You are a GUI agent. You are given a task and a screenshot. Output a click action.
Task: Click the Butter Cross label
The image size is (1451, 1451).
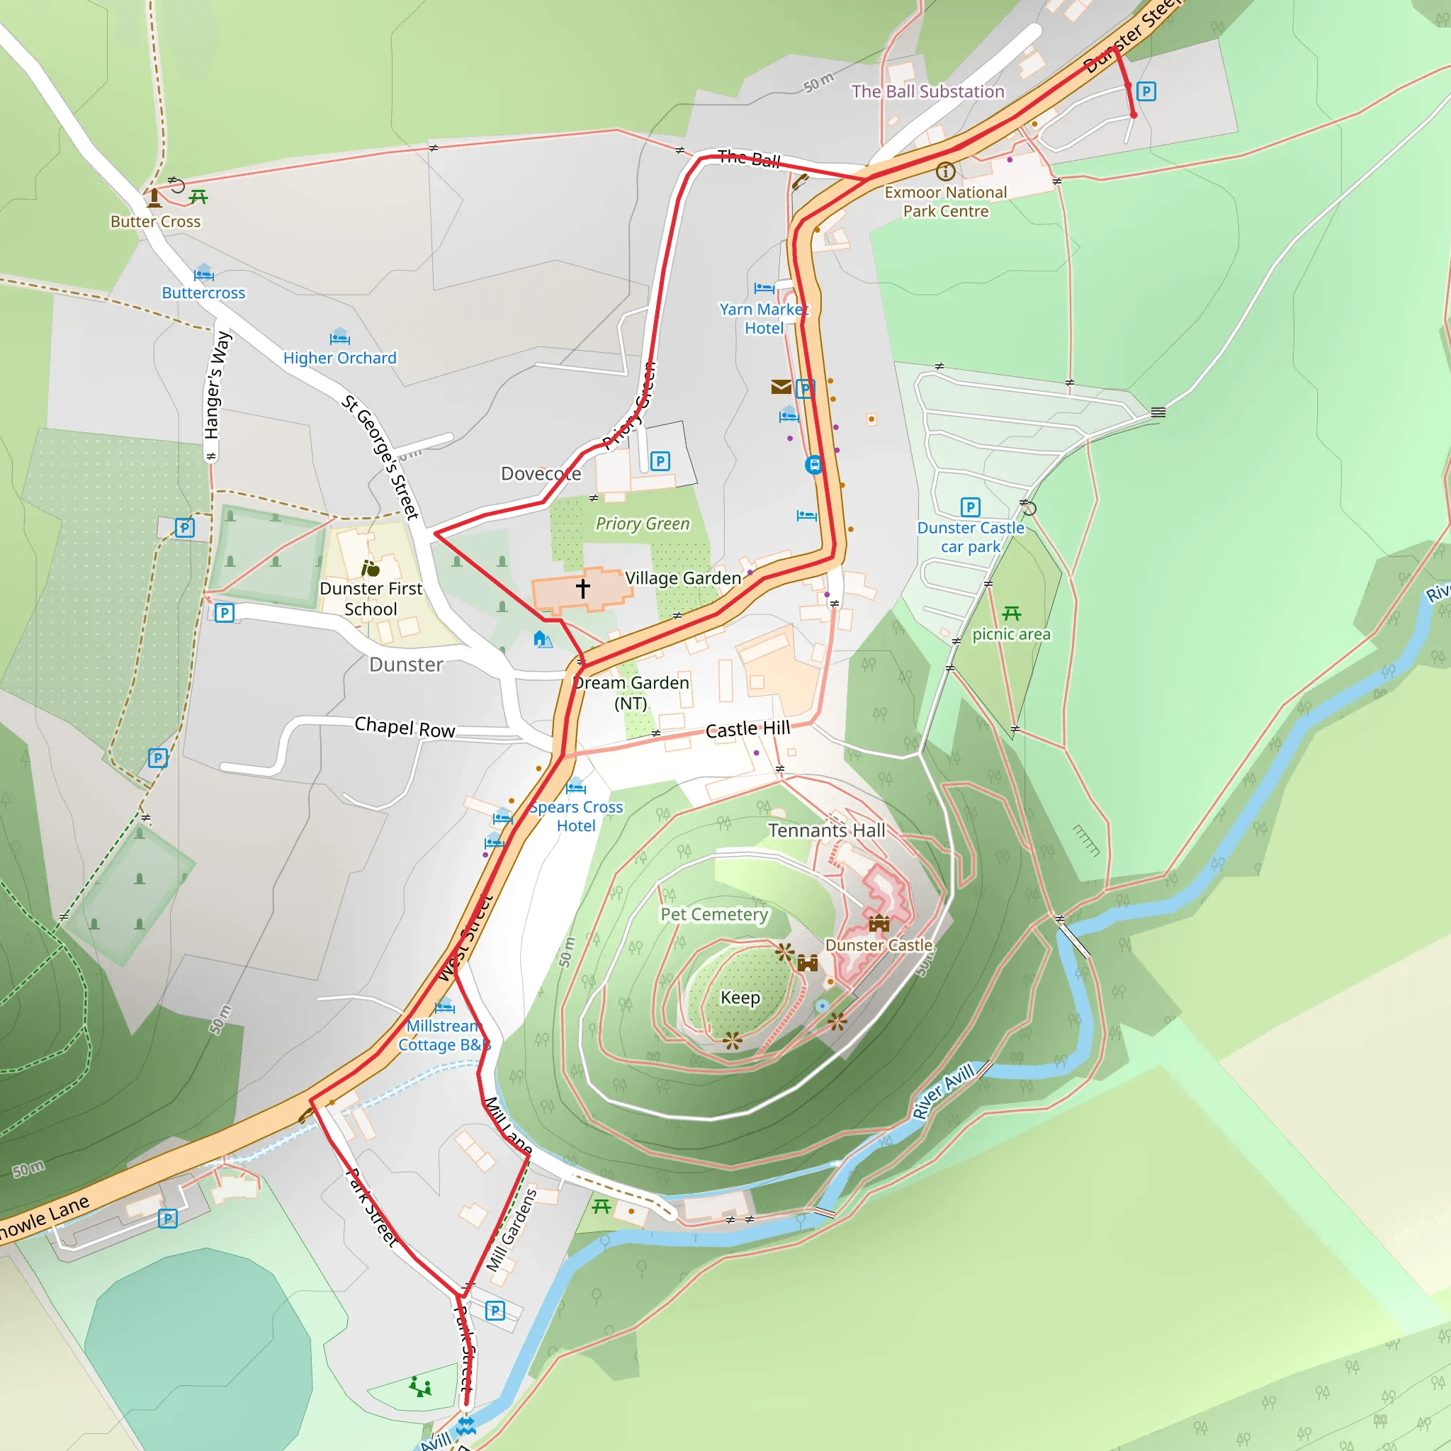[x=155, y=222]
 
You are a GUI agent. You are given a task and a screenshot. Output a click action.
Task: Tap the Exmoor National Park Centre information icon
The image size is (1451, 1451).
[x=946, y=171]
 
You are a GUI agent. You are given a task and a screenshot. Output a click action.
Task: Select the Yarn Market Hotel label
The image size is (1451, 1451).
[x=763, y=318]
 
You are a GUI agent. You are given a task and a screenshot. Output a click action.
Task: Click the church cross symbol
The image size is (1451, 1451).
[x=583, y=588]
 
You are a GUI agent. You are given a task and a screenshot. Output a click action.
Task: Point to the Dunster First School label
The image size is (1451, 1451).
[x=371, y=599]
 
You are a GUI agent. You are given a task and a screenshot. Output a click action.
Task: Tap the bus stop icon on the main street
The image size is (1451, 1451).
[x=813, y=465]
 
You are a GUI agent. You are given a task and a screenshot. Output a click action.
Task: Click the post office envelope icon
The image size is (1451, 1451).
[x=780, y=387]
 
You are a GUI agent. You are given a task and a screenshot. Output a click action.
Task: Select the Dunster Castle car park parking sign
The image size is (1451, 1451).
[x=971, y=507]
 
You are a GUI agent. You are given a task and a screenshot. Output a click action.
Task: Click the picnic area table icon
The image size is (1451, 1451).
[x=1012, y=614]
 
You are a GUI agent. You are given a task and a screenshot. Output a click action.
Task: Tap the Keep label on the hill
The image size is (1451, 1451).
[x=740, y=998]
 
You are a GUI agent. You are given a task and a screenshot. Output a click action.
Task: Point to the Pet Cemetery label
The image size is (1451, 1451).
[x=714, y=914]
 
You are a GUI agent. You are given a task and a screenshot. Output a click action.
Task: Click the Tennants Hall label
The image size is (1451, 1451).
[x=826, y=830]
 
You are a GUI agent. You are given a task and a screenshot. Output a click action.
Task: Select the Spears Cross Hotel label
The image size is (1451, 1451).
[x=576, y=816]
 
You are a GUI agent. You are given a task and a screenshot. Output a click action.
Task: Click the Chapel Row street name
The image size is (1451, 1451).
[x=405, y=727]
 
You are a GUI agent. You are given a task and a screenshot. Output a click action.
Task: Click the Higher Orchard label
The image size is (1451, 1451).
[x=339, y=358]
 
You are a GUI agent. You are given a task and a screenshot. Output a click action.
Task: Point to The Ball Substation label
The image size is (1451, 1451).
[x=927, y=91]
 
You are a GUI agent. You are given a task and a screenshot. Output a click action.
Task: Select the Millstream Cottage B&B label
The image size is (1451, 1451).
[x=443, y=1035]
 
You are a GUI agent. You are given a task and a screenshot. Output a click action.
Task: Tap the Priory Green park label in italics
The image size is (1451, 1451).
[x=642, y=524]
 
